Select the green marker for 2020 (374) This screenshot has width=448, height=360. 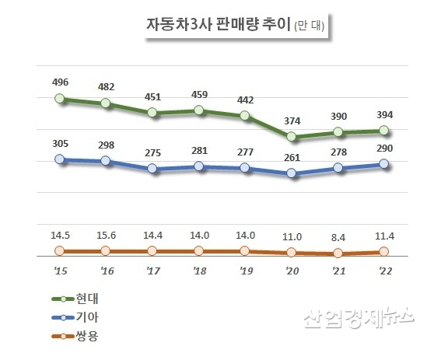coord(292,137)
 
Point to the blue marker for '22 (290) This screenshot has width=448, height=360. coord(384,163)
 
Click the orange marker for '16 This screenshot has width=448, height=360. coord(106,251)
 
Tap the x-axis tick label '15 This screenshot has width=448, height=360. coord(60,271)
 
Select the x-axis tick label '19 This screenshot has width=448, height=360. coord(245,271)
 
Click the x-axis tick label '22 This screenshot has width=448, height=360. coord(384,271)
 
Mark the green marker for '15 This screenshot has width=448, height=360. coord(60,99)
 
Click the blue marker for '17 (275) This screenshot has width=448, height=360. coord(152,169)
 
